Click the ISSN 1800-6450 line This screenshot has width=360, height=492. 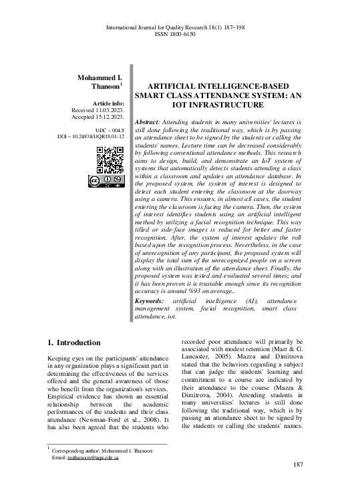(x=180, y=34)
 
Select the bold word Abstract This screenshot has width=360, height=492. (x=146, y=122)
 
